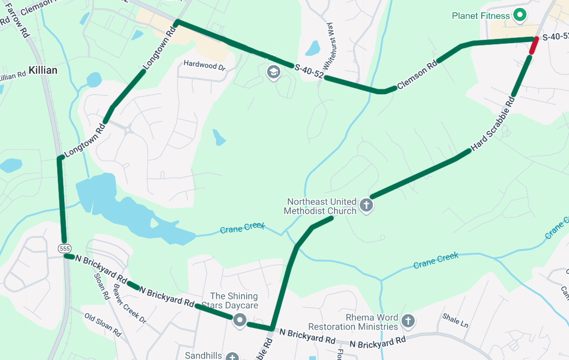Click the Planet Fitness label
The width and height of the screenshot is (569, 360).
tap(481, 16)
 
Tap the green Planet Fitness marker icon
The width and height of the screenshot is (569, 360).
tap(520, 15)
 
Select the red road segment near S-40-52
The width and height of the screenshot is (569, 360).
tap(533, 46)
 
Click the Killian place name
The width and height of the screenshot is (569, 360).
tap(43, 70)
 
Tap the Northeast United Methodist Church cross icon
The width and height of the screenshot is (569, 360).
tap(367, 205)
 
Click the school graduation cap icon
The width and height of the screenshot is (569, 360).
tap(273, 72)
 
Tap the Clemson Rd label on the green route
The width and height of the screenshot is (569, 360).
tap(417, 75)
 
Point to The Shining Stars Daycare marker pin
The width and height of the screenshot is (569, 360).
tap(240, 319)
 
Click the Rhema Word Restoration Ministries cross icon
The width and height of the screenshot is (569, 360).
tap(407, 321)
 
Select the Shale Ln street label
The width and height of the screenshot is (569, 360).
tap(455, 321)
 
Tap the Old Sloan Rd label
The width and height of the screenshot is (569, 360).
tap(103, 324)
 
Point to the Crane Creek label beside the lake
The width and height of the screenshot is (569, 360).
tap(242, 228)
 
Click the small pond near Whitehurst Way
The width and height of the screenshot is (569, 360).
tap(312, 48)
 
